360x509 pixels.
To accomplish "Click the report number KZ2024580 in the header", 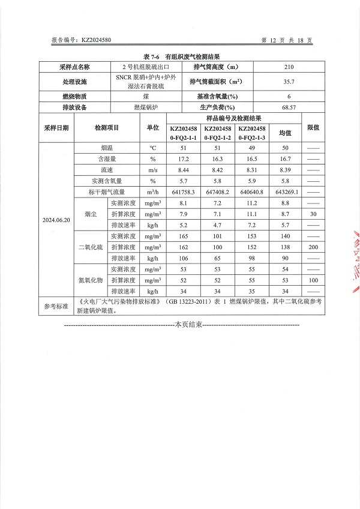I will tap(95, 40).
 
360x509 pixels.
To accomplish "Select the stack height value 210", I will tap(289, 67).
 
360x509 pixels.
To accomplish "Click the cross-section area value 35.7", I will tap(289, 82).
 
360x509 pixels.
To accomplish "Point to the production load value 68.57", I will tap(289, 107).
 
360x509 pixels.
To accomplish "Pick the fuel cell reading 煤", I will tap(146, 97).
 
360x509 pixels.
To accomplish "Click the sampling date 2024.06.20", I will tap(56, 220).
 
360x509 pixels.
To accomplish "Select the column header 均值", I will tap(285, 133).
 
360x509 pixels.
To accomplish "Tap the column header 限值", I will tap(313, 127).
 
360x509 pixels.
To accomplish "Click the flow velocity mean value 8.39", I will tap(285, 170).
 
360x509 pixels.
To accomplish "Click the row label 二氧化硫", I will tap(91, 247).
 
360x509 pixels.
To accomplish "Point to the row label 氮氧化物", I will tap(91, 280).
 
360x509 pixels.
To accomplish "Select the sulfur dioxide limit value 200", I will tap(313, 247).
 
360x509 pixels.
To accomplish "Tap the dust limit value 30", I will tap(313, 214).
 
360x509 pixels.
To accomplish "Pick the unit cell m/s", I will tap(153, 170).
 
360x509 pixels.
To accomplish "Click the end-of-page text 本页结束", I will tap(188, 325).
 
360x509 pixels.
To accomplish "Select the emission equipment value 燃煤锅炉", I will tap(146, 107).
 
